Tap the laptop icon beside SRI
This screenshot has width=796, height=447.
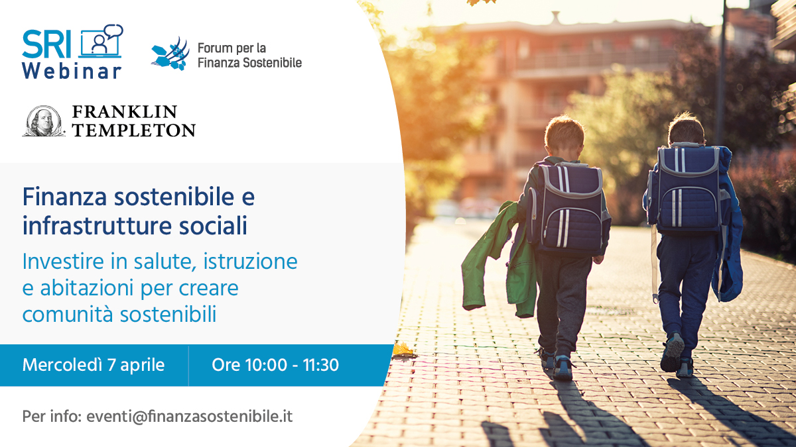coord(101,41)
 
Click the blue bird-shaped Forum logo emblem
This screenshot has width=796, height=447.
coord(170,54)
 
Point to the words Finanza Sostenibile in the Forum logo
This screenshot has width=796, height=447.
coord(249,63)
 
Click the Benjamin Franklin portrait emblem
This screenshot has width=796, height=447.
coord(44,121)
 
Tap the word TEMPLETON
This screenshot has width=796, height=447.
coord(133,130)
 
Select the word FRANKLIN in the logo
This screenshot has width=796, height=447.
coord(125,111)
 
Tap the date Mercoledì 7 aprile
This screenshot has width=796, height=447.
coord(93,365)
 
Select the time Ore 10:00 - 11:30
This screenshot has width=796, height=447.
coord(275,365)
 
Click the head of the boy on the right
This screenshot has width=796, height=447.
coord(686,129)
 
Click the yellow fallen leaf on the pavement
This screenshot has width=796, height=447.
coord(402,350)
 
